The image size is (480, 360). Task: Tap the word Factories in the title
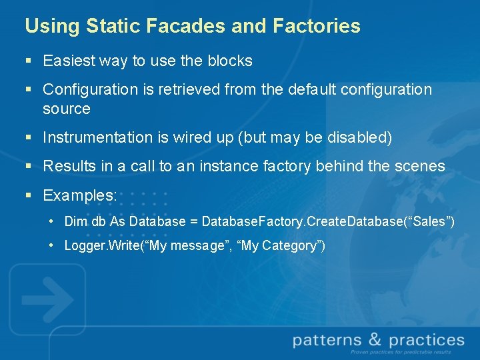pyautogui.click(x=317, y=27)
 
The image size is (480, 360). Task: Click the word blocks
pyautogui.click(x=229, y=61)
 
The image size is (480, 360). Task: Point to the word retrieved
pyautogui.click(x=192, y=89)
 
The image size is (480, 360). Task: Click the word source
pyautogui.click(x=66, y=108)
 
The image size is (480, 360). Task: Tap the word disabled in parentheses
pyautogui.click(x=356, y=138)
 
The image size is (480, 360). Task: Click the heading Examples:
pyautogui.click(x=80, y=196)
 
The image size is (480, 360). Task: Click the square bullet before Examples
pyautogui.click(x=28, y=196)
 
